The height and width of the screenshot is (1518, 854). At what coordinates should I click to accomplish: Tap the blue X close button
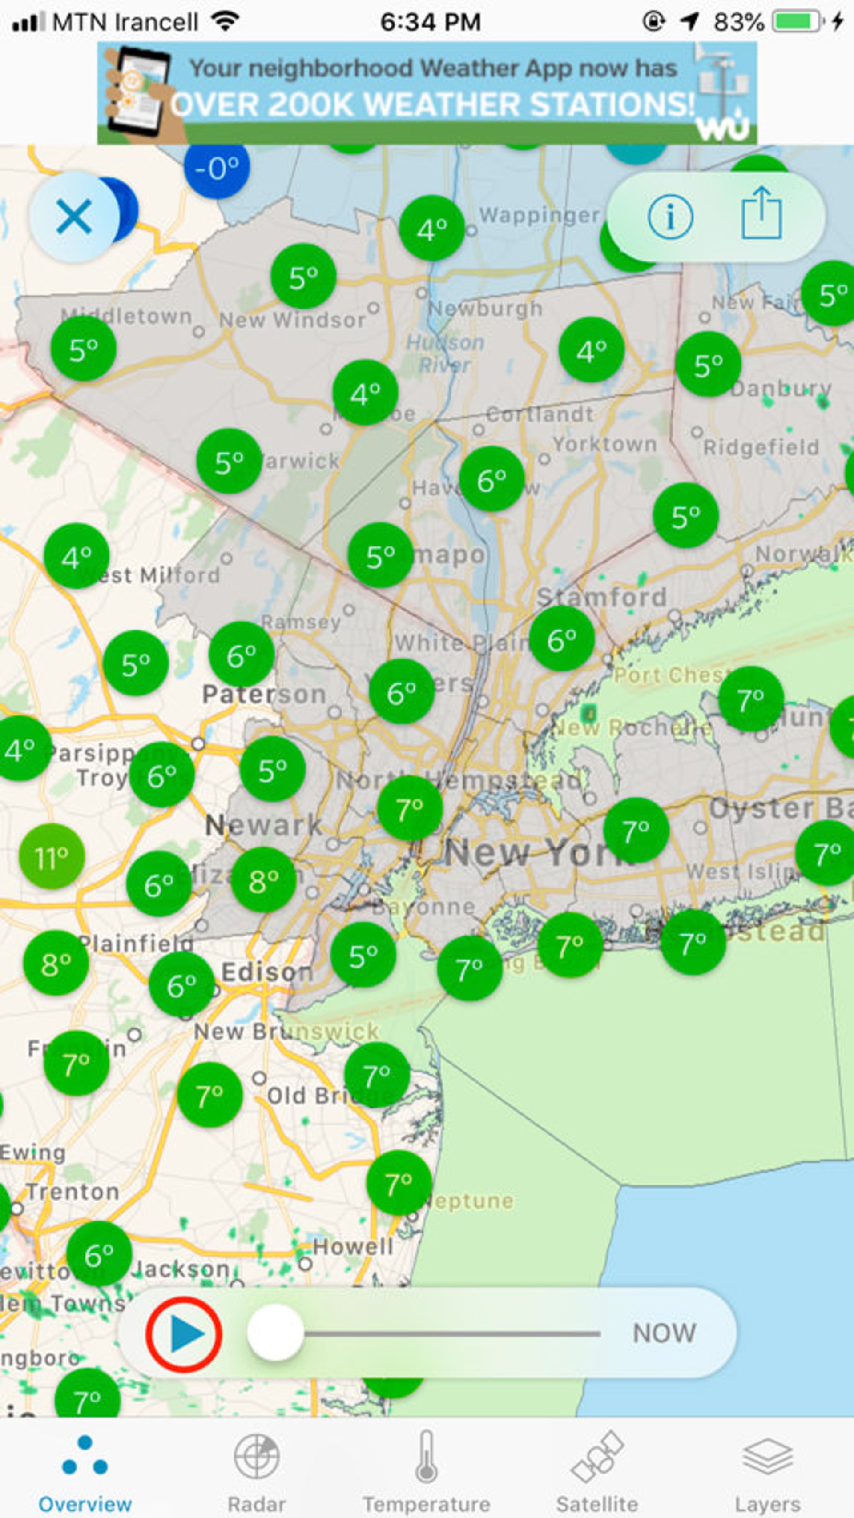click(74, 217)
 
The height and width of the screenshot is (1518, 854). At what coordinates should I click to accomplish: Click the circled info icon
click(670, 217)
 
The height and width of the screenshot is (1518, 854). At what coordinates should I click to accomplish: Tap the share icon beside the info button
click(761, 214)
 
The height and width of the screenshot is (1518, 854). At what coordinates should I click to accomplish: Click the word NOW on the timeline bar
click(664, 1333)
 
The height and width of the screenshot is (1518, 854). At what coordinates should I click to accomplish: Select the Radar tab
click(256, 1473)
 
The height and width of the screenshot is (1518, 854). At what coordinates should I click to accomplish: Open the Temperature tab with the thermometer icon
click(426, 1473)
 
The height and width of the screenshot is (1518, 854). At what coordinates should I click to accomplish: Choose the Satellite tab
click(597, 1473)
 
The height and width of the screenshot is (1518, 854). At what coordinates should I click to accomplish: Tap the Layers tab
click(767, 1473)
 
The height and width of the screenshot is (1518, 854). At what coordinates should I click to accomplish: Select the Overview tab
click(85, 1473)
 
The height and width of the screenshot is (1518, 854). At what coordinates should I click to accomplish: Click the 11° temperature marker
click(52, 857)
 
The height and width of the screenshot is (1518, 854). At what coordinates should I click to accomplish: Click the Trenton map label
click(73, 1192)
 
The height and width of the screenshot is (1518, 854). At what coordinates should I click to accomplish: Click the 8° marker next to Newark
click(263, 880)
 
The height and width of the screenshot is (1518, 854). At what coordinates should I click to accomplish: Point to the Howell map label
click(352, 1246)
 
